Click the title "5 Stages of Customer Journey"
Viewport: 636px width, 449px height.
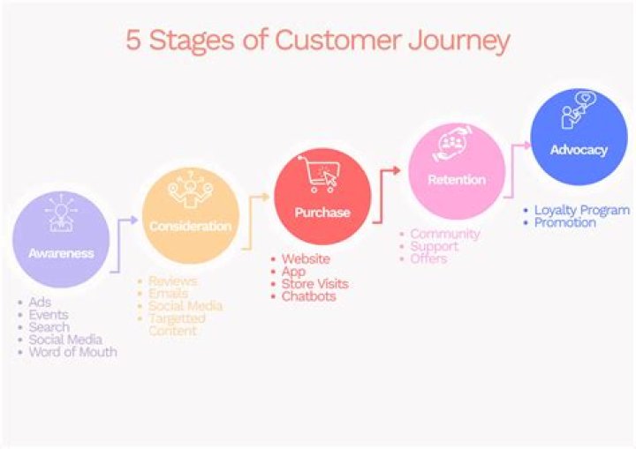coord(318,41)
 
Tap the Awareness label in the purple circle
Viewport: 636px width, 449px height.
coord(61,253)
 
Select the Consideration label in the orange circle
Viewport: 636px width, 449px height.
coord(190,227)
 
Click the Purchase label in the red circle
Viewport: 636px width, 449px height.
coord(322,213)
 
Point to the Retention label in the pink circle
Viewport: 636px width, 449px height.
coord(456,180)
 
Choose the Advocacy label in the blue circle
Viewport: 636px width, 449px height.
coord(579,150)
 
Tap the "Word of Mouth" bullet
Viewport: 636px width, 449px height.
coord(72,352)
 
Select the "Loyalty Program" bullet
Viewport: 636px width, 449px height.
coord(581,210)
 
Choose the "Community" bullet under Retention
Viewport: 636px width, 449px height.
coord(444,234)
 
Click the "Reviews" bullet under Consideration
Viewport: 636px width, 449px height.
coord(172,281)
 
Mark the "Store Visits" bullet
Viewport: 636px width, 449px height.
coord(314,284)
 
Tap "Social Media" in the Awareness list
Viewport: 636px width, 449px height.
coord(64,340)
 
